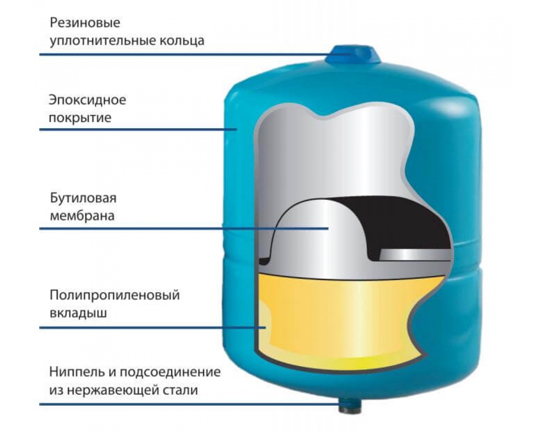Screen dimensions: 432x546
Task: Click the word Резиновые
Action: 81,23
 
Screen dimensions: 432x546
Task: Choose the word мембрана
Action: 81,216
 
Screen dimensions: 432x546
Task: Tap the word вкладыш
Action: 79,313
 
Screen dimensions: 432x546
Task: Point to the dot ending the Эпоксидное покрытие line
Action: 236,130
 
